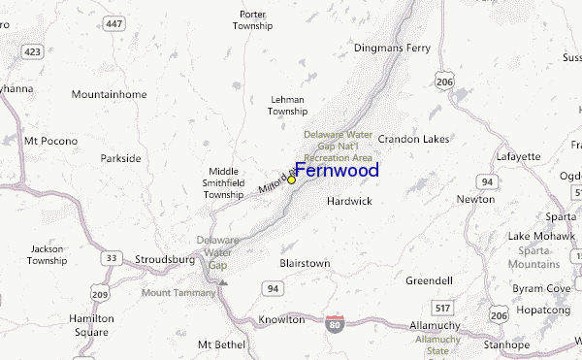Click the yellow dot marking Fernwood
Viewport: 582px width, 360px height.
coord(291,180)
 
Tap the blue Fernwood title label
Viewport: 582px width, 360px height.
coord(337,171)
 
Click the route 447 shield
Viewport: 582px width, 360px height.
coord(115,24)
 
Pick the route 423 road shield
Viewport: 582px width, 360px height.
coord(35,50)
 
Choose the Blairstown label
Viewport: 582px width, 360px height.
coord(305,263)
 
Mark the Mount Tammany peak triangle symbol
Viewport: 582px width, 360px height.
coord(222,283)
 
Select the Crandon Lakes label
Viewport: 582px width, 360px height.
coord(413,139)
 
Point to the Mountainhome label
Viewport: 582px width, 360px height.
coord(109,94)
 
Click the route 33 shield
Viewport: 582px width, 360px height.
coord(113,257)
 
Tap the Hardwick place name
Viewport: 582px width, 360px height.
coord(349,202)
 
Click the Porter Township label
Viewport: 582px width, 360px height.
coord(252,20)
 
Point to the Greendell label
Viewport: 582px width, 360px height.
coord(429,280)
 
